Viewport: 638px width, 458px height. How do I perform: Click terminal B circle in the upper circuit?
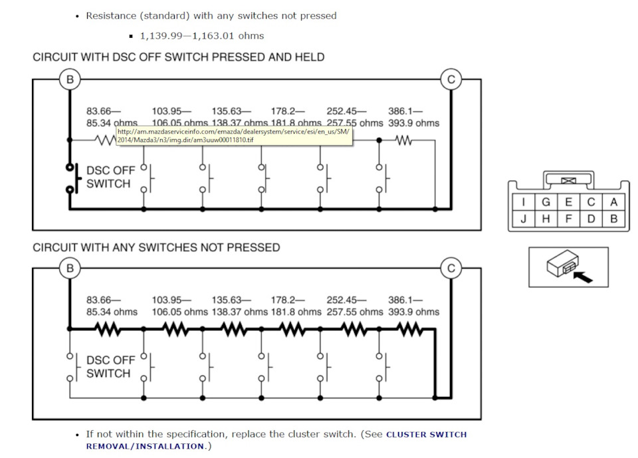pos(70,79)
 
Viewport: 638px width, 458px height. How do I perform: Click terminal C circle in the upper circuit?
pos(451,79)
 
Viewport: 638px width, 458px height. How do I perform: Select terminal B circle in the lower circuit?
pos(70,269)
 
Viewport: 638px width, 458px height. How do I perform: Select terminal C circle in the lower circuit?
pos(451,269)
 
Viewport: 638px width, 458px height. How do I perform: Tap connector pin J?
pos(523,219)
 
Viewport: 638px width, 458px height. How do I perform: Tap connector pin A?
pos(613,202)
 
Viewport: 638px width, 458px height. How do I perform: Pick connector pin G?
pos(546,202)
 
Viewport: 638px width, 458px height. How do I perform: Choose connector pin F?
pos(568,219)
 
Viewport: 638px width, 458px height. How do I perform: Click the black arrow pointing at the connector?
pos(583,277)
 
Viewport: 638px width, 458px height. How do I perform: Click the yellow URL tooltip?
pos(234,136)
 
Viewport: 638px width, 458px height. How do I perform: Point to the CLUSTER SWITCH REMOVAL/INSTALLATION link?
pos(276,440)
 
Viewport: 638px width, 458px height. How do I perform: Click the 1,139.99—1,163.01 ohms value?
pos(202,36)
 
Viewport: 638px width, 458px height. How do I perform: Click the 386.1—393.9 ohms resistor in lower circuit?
pos(410,329)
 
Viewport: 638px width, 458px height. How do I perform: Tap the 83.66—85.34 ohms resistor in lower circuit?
pos(108,329)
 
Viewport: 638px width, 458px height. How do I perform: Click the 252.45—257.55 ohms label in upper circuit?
pos(355,117)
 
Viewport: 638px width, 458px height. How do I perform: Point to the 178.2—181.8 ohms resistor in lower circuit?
pos(292,329)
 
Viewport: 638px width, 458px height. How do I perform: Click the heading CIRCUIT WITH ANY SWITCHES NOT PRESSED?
pos(156,247)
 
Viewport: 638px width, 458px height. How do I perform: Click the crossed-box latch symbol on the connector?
pos(568,180)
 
